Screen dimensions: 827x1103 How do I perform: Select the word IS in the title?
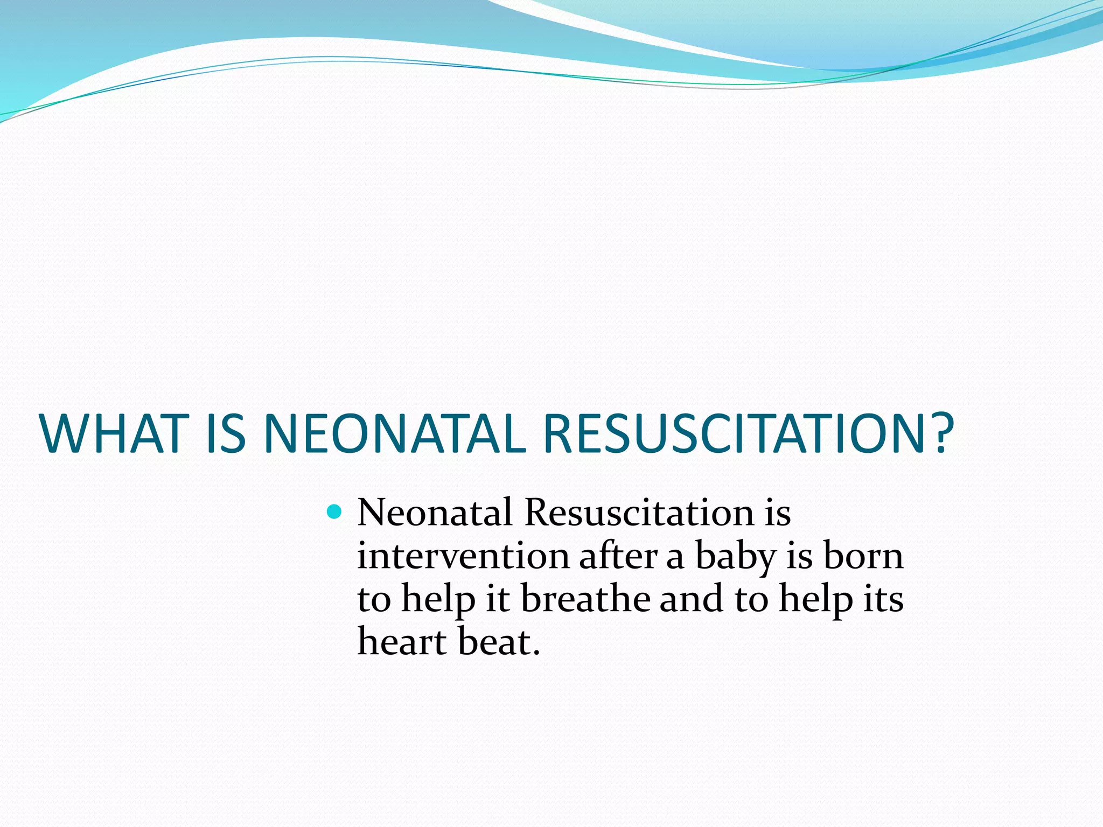(226, 434)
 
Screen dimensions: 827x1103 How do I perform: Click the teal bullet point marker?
(334, 511)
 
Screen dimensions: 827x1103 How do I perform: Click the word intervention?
(463, 556)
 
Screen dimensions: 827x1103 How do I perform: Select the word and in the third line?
(691, 599)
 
